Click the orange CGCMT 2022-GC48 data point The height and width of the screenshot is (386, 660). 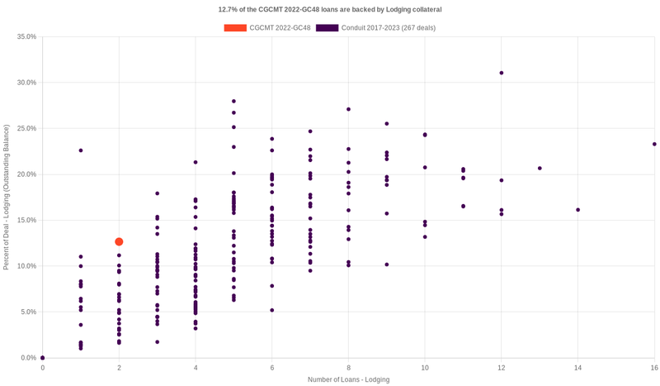pyautogui.click(x=119, y=241)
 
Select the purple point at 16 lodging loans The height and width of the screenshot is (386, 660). pyautogui.click(x=654, y=144)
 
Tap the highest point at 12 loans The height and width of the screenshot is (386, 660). pyautogui.click(x=502, y=73)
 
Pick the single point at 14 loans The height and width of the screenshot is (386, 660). pyautogui.click(x=577, y=210)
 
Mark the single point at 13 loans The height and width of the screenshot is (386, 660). pyautogui.click(x=540, y=169)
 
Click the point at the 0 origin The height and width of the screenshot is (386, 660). pyautogui.click(x=43, y=358)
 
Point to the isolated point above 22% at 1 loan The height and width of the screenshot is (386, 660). pyautogui.click(x=81, y=150)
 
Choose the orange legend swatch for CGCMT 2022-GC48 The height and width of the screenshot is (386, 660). pyautogui.click(x=234, y=28)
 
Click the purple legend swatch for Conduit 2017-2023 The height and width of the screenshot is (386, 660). pyautogui.click(x=327, y=28)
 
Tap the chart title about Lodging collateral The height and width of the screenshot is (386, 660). pyautogui.click(x=330, y=9)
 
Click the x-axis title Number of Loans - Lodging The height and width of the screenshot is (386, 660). pyautogui.click(x=348, y=379)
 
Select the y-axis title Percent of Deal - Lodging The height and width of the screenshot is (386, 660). pyautogui.click(x=7, y=197)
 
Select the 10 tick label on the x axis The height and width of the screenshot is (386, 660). pyautogui.click(x=425, y=367)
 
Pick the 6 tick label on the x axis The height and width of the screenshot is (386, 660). pyautogui.click(x=272, y=367)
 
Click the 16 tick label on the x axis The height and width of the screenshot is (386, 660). pyautogui.click(x=653, y=367)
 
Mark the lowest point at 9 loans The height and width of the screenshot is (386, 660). pyautogui.click(x=387, y=264)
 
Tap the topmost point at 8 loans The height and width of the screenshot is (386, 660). pyautogui.click(x=349, y=109)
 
